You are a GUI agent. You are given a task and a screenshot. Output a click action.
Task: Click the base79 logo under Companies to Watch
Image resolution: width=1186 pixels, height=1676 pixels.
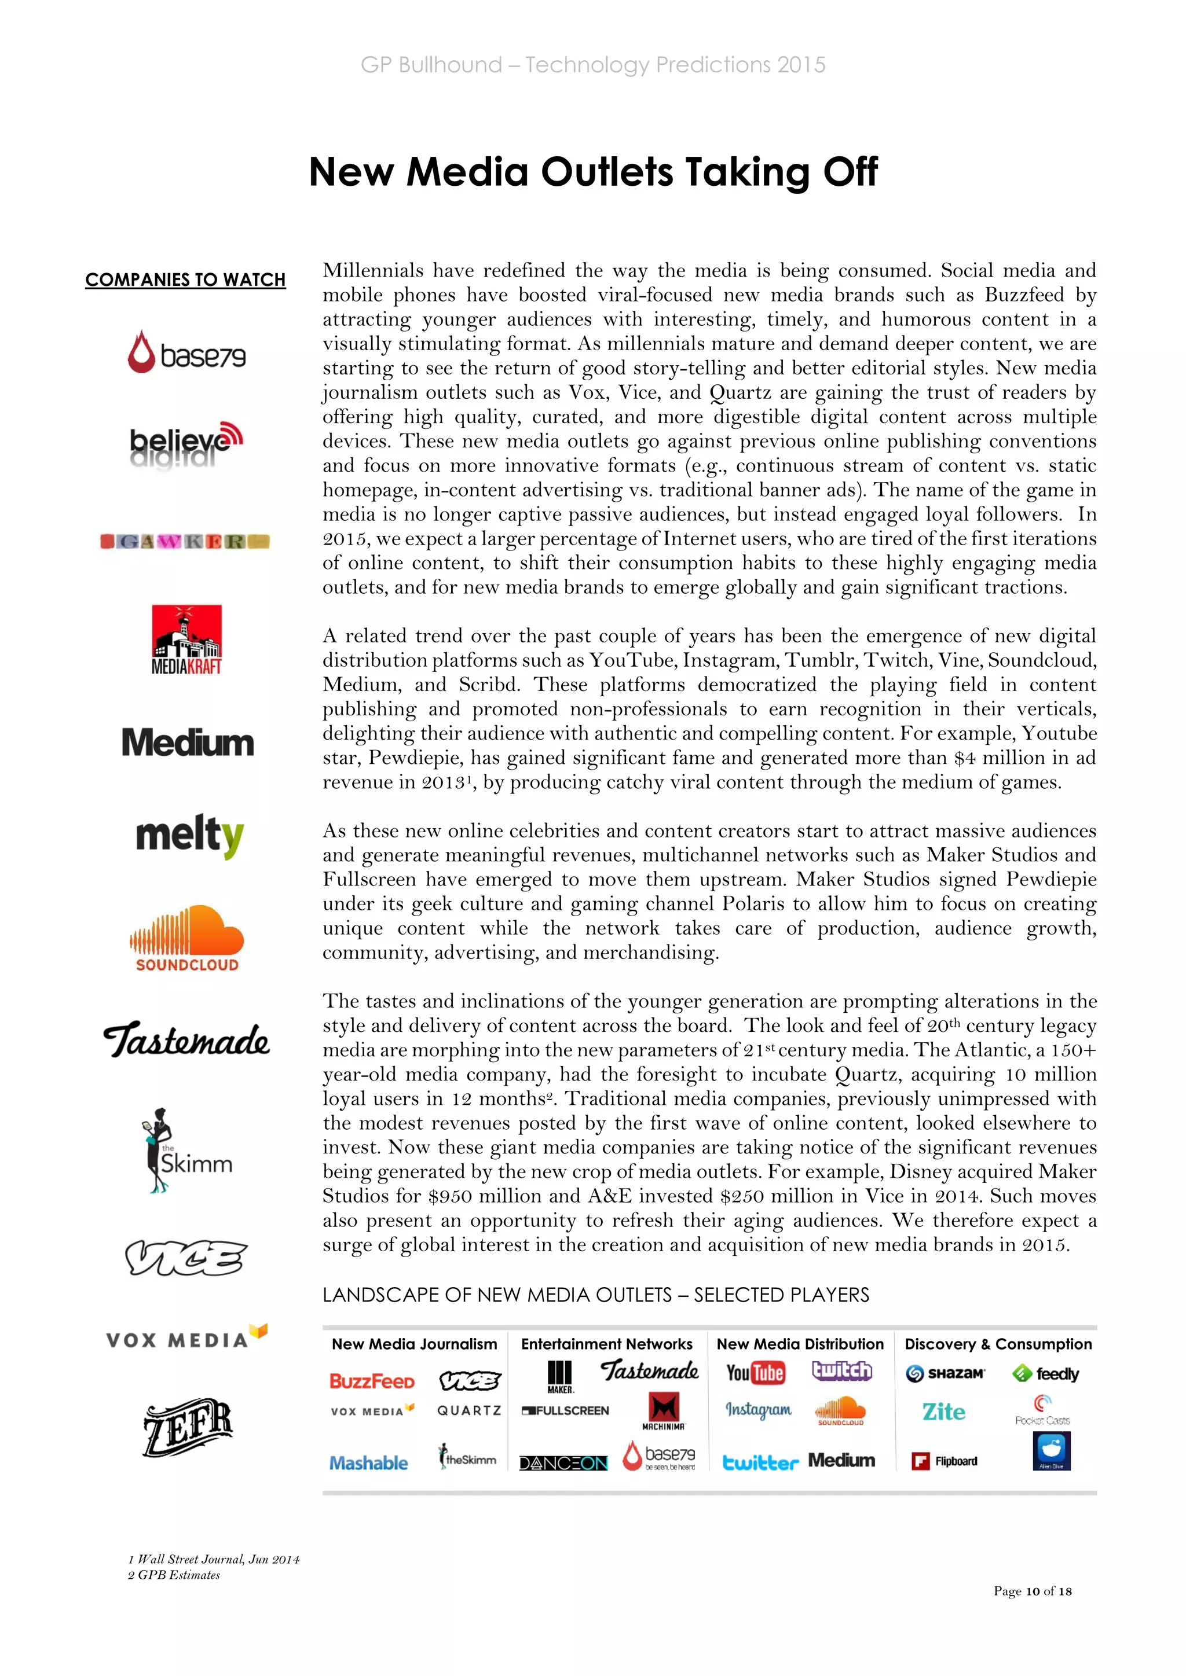(186, 352)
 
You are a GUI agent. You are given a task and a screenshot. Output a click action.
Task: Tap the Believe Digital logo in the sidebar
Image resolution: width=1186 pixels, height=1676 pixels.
(185, 444)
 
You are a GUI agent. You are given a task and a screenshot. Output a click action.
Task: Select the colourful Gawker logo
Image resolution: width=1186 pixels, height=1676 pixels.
(185, 541)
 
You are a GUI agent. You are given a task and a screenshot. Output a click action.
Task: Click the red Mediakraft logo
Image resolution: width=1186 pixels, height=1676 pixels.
(186, 639)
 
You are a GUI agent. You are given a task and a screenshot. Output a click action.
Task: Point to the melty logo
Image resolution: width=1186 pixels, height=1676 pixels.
(189, 836)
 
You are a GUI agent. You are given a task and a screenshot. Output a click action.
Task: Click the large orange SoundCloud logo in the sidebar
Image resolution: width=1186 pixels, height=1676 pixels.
(187, 938)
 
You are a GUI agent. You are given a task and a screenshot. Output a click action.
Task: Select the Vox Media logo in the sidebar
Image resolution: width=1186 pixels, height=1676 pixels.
(186, 1338)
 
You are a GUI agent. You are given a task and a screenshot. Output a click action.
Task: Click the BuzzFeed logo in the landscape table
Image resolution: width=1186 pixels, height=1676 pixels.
(372, 1381)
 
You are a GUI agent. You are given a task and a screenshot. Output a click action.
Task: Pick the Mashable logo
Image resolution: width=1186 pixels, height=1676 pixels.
(369, 1463)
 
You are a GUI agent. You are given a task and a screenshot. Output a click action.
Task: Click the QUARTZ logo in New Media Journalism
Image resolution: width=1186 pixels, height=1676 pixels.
(469, 1410)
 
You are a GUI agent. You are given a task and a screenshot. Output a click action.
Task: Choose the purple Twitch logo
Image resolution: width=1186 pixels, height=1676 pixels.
(842, 1371)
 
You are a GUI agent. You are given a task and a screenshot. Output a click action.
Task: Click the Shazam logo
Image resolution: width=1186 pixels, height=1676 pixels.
(945, 1374)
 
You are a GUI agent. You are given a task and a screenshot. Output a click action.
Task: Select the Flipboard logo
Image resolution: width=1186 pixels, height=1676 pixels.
(945, 1461)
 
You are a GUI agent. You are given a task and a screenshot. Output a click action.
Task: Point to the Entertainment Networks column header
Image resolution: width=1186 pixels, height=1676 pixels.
(606, 1344)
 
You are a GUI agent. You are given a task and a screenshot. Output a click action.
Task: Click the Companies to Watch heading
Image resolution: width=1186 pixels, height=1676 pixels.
(185, 280)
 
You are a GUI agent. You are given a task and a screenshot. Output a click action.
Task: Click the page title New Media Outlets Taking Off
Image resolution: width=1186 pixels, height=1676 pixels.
(593, 172)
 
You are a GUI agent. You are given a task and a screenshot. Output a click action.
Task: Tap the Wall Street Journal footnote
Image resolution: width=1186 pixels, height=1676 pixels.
(214, 1559)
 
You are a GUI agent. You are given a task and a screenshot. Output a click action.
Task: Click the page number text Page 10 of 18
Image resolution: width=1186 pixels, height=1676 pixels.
(1032, 1590)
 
